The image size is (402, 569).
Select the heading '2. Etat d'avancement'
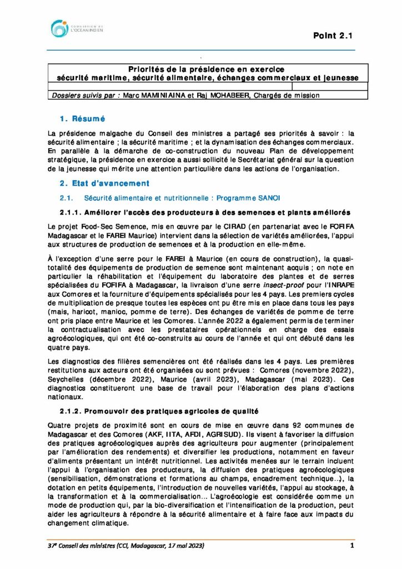104,183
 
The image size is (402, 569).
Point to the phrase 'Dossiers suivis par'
84,95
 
